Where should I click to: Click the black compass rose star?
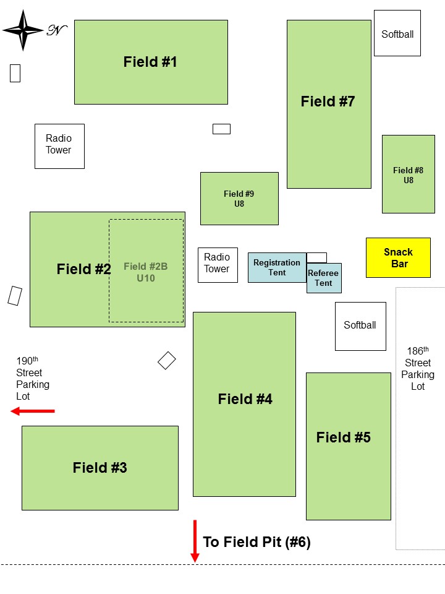pyautogui.click(x=23, y=30)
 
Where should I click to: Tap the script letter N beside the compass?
pyautogui.click(x=56, y=30)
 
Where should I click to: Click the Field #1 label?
pyautogui.click(x=150, y=62)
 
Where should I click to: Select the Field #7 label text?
pyautogui.click(x=328, y=101)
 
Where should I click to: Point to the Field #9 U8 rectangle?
pyautogui.click(x=239, y=199)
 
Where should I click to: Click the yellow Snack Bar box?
pyautogui.click(x=398, y=257)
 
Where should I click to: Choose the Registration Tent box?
pyautogui.click(x=277, y=267)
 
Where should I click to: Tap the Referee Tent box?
pyautogui.click(x=323, y=278)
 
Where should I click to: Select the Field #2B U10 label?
pyautogui.click(x=146, y=272)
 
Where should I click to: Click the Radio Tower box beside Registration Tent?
pyautogui.click(x=217, y=265)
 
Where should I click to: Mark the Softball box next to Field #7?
pyautogui.click(x=397, y=33)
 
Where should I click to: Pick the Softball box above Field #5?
pyautogui.click(x=360, y=325)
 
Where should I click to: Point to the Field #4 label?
pyautogui.click(x=245, y=400)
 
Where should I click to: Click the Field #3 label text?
pyautogui.click(x=100, y=468)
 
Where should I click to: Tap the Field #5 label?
pyautogui.click(x=343, y=438)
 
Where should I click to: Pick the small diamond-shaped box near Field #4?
pyautogui.click(x=167, y=360)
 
